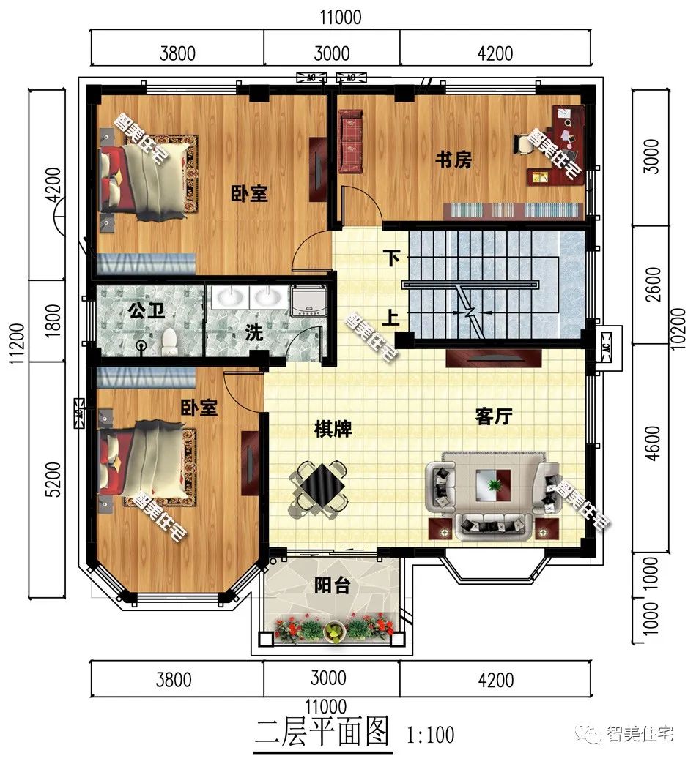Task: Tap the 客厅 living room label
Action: [x=493, y=417]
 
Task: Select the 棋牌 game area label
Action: [x=333, y=429]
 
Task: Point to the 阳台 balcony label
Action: [x=331, y=585]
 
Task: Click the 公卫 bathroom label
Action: [x=147, y=310]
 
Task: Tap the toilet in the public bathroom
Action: [x=169, y=339]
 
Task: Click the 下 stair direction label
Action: [x=392, y=258]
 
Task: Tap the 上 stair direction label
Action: [x=392, y=318]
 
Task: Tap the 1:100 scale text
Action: [x=429, y=734]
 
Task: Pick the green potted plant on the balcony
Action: [x=335, y=630]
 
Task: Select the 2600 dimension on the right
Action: [x=654, y=283]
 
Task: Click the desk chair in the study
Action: [x=525, y=146]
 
